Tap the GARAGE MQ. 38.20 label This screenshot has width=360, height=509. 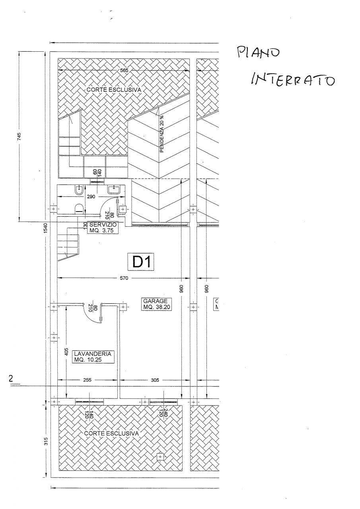click(157, 304)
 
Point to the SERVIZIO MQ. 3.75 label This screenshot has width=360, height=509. click(103, 227)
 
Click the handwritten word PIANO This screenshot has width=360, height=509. click(259, 53)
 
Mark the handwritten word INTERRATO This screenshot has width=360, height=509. click(292, 80)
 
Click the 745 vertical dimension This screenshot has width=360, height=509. click(19, 136)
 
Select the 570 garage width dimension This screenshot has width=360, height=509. click(124, 278)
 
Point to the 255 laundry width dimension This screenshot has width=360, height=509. click(88, 380)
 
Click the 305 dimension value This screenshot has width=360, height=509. click(155, 380)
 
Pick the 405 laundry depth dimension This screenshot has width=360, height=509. click(66, 352)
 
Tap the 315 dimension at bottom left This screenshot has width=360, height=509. click(46, 441)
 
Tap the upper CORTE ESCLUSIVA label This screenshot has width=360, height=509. click(114, 90)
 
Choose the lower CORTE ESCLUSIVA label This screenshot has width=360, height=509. click(111, 433)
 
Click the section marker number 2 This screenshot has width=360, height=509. click(12, 379)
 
